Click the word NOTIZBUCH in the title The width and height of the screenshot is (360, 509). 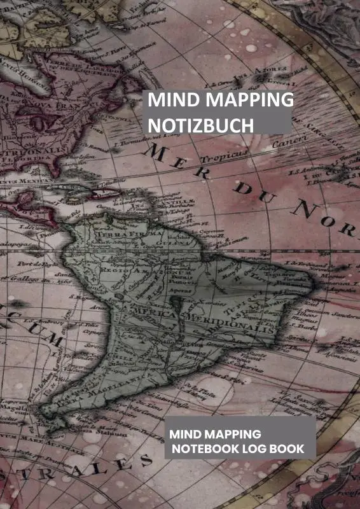200,125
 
